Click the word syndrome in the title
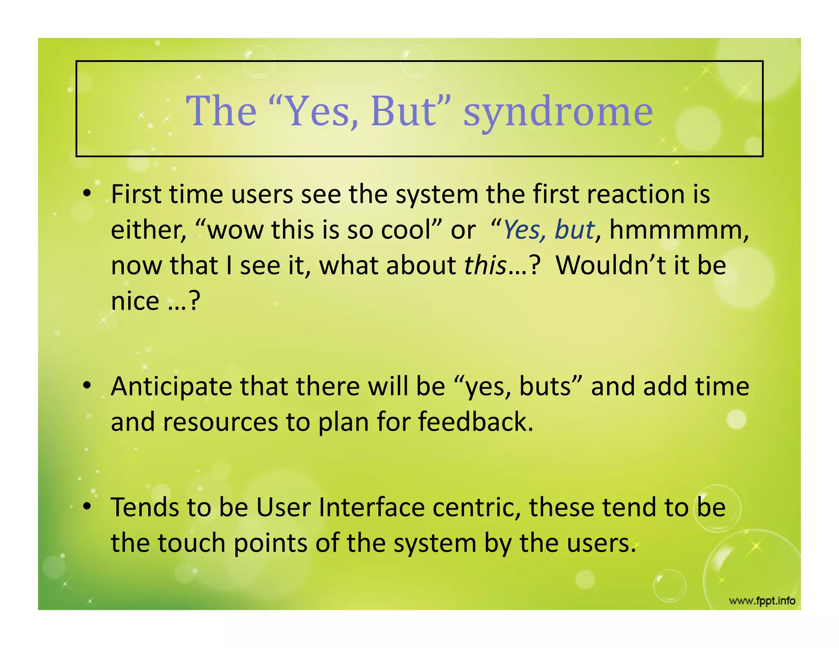coord(558,111)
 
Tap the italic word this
coord(485,265)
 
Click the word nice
coord(135,301)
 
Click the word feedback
coord(475,422)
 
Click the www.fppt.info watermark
coord(762,601)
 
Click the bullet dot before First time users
coord(86,194)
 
